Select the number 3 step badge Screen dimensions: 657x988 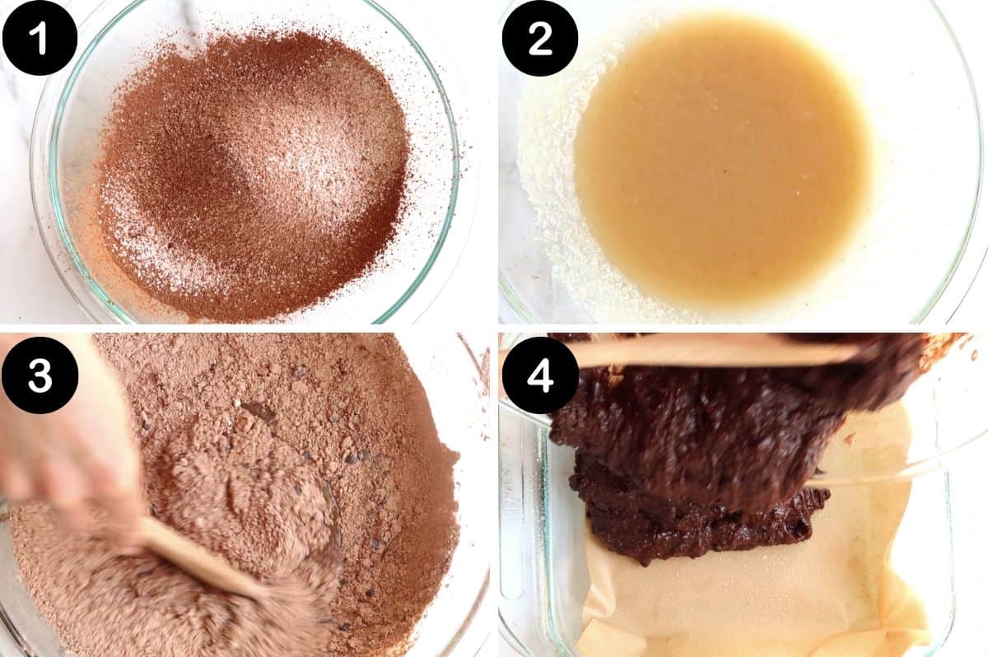tap(40, 375)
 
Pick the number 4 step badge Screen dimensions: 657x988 tap(539, 375)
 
